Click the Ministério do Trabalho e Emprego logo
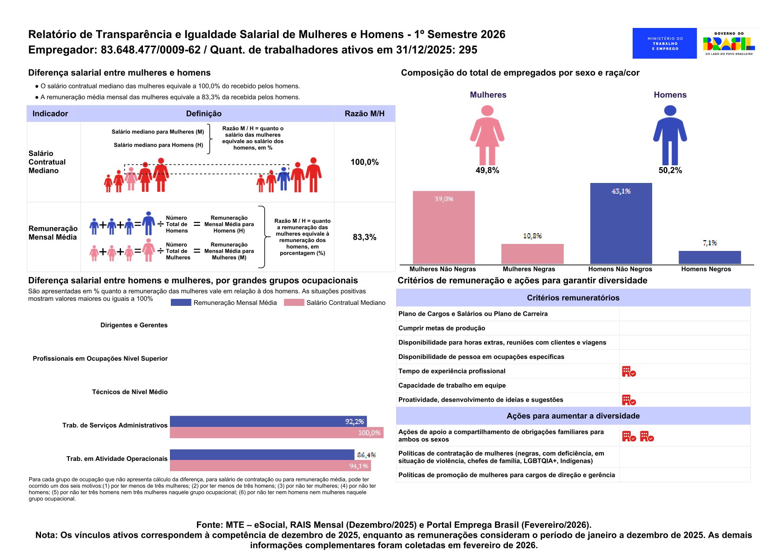664,43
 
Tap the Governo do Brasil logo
729,43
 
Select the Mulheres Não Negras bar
444,228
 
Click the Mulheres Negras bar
532,254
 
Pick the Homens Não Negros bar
621,223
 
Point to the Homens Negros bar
709,257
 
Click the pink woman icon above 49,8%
487,135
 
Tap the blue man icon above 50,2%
670,135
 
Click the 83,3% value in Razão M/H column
364,237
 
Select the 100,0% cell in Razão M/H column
364,162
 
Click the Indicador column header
50,114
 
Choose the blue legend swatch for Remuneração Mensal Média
181,303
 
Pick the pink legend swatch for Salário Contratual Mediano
294,303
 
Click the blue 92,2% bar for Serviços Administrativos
268,421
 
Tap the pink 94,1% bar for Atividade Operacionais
270,466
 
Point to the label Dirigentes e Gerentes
134,325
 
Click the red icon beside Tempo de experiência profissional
629,372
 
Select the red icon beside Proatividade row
629,400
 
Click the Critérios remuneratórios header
573,298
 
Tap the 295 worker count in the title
468,50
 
